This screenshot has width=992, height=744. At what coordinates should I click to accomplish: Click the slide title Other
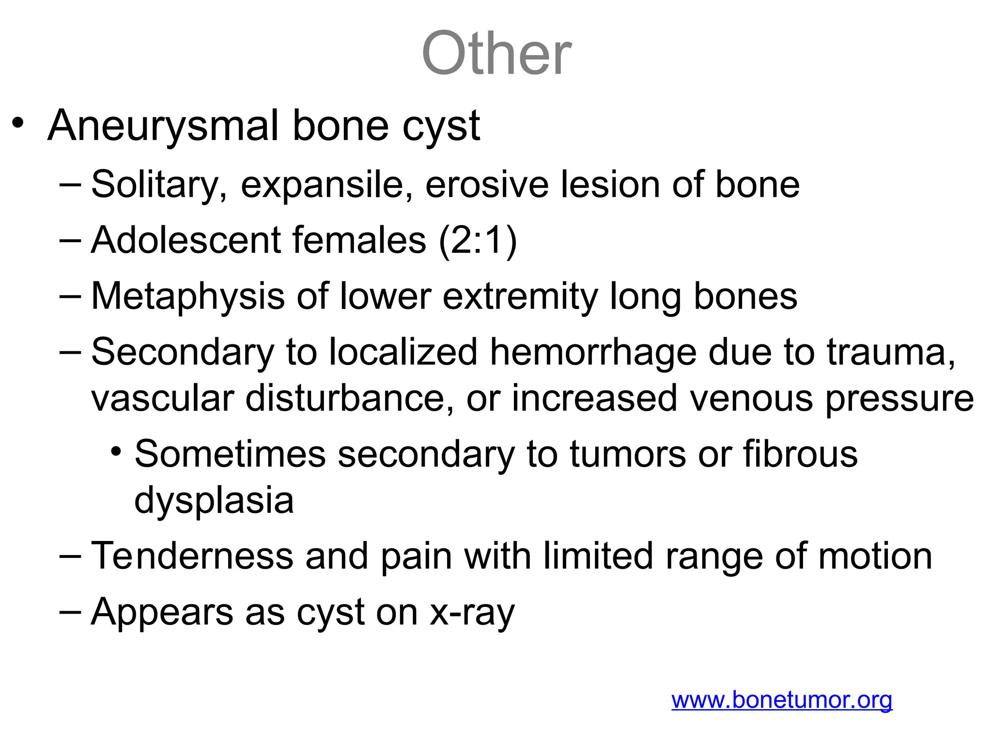tap(496, 53)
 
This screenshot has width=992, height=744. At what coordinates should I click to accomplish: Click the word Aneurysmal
tap(164, 126)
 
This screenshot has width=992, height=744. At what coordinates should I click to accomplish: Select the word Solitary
tap(159, 185)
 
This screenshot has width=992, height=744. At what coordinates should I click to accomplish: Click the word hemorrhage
tap(593, 352)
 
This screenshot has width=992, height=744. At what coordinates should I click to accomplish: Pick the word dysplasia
tap(214, 501)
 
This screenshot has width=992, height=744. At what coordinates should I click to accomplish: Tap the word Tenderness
tap(192, 556)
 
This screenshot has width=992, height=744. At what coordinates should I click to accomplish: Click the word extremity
tap(520, 296)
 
